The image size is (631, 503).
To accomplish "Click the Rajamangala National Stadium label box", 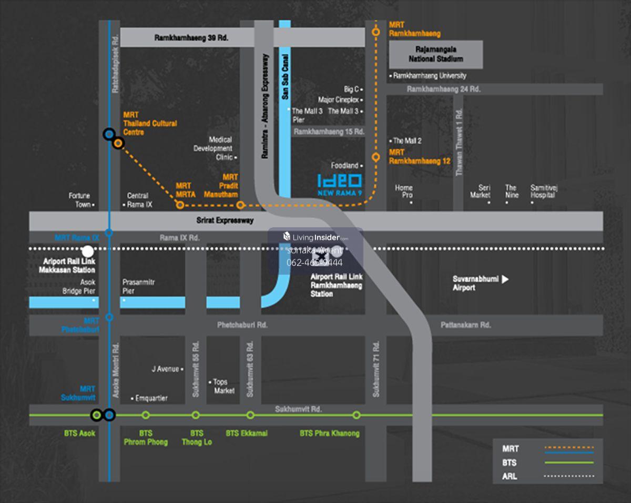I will pos(436,55).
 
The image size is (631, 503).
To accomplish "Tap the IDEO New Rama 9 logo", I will pos(339,185).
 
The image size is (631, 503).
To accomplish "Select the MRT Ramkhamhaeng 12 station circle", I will pos(375,157).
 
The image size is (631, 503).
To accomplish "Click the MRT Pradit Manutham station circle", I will pos(240,205).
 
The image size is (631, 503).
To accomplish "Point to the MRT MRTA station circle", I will pos(180,205).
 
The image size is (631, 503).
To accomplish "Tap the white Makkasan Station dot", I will pos(88,252).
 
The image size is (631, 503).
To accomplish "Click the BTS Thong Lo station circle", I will pos(196,415).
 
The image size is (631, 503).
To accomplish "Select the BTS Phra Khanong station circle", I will pos(357,415).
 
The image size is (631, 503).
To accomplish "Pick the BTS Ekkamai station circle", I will pos(250,415).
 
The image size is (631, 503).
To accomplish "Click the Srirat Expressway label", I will pos(225,220).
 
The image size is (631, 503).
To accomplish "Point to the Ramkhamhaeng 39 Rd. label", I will pos(191,38).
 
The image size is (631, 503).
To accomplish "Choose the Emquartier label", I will pos(151,398).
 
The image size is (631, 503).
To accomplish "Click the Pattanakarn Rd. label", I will pos(465,325).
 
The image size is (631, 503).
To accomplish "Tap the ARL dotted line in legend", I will pos(569,476).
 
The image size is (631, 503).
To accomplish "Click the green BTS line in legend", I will pos(569,463).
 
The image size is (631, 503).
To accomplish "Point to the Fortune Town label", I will pos(79,200).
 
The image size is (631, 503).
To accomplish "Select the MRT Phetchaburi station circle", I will pos(109,317).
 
